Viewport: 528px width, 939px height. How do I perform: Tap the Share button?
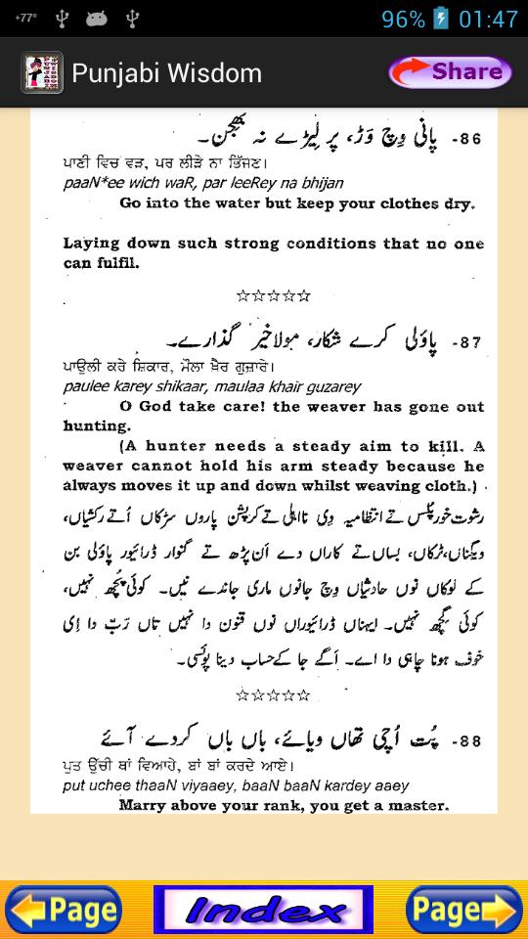[x=450, y=71]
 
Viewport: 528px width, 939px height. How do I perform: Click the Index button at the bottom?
[x=263, y=911]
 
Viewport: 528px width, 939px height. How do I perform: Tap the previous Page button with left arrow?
[x=64, y=911]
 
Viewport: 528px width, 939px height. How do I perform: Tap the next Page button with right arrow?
[x=463, y=911]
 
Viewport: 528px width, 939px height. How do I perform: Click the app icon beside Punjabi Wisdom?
[x=42, y=72]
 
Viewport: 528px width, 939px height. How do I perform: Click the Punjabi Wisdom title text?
[x=166, y=73]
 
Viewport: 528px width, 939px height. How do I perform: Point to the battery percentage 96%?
[x=403, y=20]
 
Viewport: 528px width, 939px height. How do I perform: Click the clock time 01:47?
[x=488, y=20]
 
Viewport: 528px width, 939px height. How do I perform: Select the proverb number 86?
[x=466, y=140]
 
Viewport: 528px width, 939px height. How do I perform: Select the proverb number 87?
[x=466, y=342]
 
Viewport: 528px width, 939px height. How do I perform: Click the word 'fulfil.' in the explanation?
[x=115, y=263]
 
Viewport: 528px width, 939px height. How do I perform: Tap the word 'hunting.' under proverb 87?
[x=96, y=426]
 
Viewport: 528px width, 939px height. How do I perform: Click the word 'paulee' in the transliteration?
[x=85, y=386]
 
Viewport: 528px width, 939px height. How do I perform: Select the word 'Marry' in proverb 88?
[x=143, y=806]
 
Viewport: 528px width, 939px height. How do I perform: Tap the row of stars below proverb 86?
[x=273, y=295]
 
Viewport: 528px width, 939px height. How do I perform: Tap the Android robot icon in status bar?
[x=96, y=19]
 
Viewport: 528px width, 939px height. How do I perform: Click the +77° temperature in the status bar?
[x=25, y=18]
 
